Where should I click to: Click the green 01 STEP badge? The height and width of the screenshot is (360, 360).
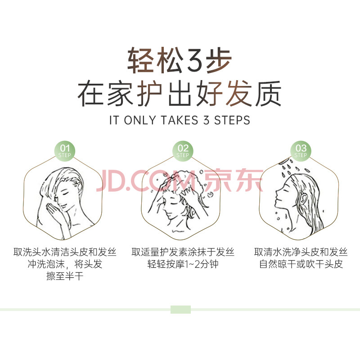coord(64,151)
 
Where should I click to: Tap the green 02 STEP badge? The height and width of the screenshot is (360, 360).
coord(183,151)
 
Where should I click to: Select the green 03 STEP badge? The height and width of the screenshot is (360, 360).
coord(301,151)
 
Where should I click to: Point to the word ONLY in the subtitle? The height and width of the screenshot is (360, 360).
coord(139,120)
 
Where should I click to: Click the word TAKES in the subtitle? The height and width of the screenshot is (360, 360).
coord(179,120)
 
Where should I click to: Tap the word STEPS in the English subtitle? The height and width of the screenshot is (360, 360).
coord(232,120)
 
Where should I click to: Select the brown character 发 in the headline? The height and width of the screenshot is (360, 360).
coord(239,93)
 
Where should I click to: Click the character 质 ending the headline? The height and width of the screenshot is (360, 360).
coord(268,93)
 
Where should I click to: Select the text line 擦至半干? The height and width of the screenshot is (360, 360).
coord(65,276)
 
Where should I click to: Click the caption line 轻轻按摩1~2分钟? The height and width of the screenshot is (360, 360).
coord(183,264)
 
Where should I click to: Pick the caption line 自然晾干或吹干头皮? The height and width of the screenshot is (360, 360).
coord(301,264)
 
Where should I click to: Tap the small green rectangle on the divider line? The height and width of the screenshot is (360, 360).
coord(181,310)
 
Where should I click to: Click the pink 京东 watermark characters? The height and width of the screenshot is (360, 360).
coord(234,180)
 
